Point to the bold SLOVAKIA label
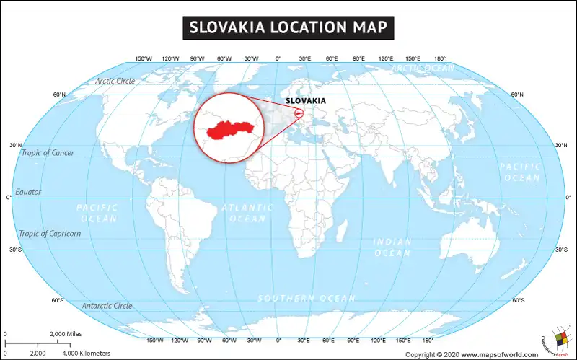coord(306,100)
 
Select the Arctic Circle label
coord(115,81)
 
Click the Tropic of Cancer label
coord(48,153)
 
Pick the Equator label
coord(28,192)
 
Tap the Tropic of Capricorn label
coord(50,234)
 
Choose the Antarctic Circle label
coord(107,306)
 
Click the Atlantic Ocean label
coord(247,213)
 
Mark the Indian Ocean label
coord(392,247)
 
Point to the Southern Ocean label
coord(307,299)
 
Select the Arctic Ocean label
coord(423,69)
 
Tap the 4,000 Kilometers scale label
coord(87,354)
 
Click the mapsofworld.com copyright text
coord(472,354)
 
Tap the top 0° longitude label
coord(278,58)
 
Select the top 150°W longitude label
coord(144,58)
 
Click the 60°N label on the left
coord(59,95)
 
